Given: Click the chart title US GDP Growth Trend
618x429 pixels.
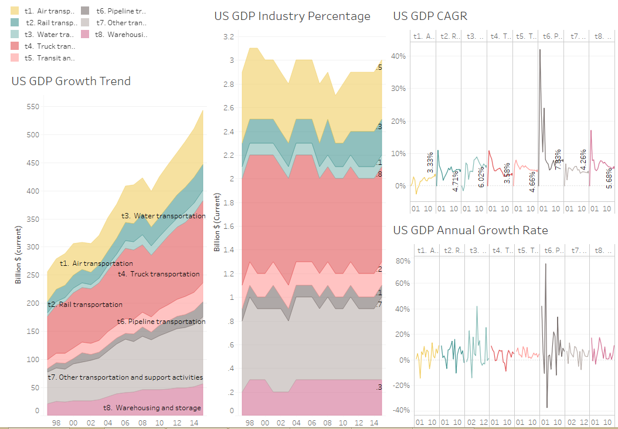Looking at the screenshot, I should (x=71, y=81).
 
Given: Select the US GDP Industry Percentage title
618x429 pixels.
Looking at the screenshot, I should (x=292, y=16).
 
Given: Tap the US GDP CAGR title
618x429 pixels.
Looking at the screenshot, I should (x=430, y=16).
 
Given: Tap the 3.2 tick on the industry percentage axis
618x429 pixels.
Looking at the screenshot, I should (x=228, y=37).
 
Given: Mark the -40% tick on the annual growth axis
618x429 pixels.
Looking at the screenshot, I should (x=401, y=410).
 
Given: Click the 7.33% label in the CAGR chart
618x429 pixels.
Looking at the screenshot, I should (x=558, y=160).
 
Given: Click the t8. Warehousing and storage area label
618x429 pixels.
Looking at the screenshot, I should (x=152, y=408).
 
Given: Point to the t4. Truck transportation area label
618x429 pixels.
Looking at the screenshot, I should (x=158, y=274).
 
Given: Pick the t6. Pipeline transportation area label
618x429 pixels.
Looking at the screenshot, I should (x=161, y=322).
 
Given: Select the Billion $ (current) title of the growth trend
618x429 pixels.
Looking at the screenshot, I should (x=19, y=257).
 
